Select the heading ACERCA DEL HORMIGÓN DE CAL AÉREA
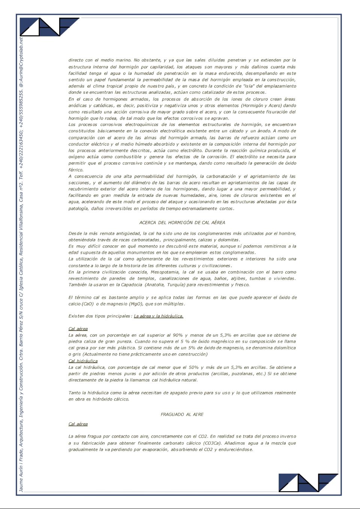coord(182,223)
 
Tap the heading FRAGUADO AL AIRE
coord(182,415)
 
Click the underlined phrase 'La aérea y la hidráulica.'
coord(159,316)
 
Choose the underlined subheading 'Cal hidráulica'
coord(83,361)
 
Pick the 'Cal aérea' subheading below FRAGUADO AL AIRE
coord(78,424)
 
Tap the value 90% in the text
coord(178,335)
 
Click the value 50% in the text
coord(193,367)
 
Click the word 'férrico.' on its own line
coord(76,170)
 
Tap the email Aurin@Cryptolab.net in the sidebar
coord(21,60)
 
